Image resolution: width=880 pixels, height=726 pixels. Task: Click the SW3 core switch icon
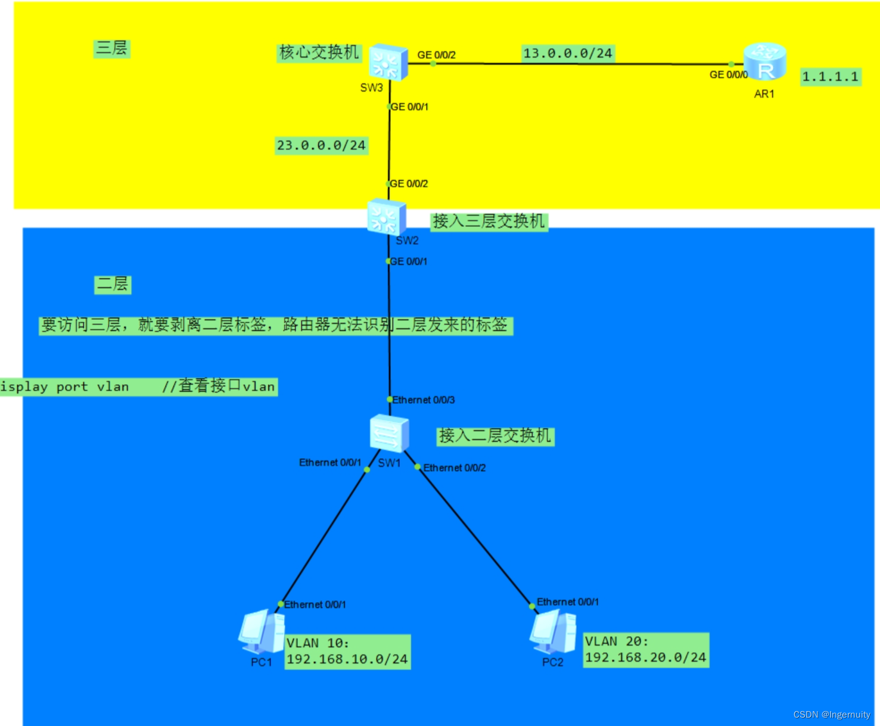[388, 62]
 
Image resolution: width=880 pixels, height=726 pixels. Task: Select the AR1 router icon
[765, 62]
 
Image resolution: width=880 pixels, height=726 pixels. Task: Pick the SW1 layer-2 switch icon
[389, 434]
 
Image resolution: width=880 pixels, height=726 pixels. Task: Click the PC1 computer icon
[262, 631]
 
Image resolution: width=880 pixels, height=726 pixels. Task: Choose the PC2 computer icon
[554, 631]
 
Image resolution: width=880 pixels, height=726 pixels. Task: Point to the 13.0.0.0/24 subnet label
[568, 54]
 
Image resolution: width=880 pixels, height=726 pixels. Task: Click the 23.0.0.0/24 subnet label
[321, 145]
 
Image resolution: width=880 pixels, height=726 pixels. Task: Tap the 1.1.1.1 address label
[830, 76]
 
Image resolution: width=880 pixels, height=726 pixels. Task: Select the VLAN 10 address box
[347, 652]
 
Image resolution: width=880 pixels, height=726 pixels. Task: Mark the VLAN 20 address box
[646, 650]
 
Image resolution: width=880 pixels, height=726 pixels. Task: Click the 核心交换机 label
[319, 52]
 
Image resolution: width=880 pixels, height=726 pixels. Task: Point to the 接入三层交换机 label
[489, 222]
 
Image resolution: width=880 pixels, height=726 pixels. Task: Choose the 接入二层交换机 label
[495, 436]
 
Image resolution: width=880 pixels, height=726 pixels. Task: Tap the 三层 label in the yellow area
[112, 48]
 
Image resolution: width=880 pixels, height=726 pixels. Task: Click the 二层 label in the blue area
[113, 284]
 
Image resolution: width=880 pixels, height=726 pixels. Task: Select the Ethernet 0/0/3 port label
[424, 400]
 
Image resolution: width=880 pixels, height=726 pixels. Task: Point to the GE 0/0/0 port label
[728, 74]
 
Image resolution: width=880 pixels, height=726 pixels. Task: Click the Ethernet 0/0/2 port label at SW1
[455, 468]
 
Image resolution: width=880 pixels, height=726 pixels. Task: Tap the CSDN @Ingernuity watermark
[832, 714]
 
